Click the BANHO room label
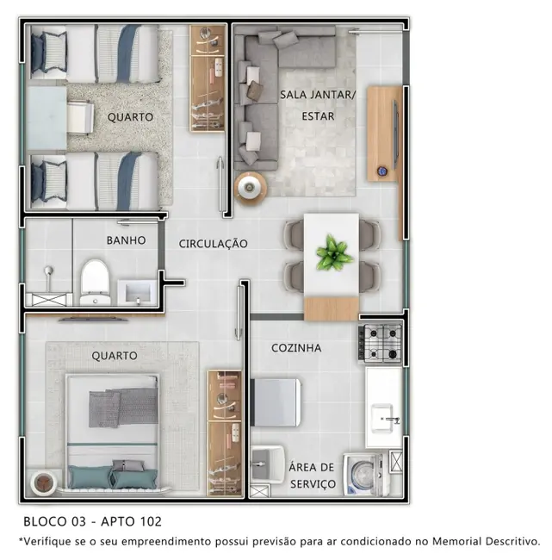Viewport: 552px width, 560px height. pyautogui.click(x=126, y=240)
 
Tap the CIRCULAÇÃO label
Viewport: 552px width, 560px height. pyautogui.click(x=213, y=244)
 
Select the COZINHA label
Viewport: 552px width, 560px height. pyautogui.click(x=296, y=348)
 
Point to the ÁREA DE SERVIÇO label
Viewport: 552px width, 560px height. pyautogui.click(x=312, y=475)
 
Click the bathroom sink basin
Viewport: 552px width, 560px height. pyautogui.click(x=135, y=291)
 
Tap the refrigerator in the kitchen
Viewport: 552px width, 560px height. pyautogui.click(x=276, y=402)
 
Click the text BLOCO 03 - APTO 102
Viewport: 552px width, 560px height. pyautogui.click(x=92, y=521)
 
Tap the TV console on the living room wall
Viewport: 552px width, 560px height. pyautogui.click(x=384, y=134)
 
